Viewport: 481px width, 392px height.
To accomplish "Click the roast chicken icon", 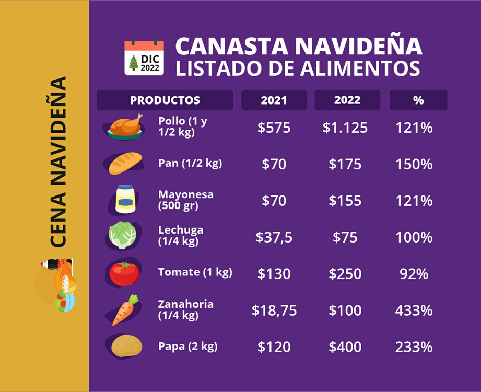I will tap(125, 127).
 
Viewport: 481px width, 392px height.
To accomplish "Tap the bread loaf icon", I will tap(125, 163).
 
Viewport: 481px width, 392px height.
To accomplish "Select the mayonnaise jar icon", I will tap(125, 199).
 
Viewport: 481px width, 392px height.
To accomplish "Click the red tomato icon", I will tap(124, 273).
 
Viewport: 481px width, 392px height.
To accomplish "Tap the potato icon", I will tap(126, 346).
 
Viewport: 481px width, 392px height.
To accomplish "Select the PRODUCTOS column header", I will tap(165, 100).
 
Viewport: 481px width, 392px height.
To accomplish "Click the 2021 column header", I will tap(274, 100).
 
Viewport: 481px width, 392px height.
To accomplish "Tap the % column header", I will tap(418, 100).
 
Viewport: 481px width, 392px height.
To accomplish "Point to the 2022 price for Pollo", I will tap(345, 128).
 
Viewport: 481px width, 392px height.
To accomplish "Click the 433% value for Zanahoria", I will tap(414, 310).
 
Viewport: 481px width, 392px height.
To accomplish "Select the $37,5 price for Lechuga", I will tap(274, 237).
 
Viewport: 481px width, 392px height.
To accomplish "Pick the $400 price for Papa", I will tap(345, 347).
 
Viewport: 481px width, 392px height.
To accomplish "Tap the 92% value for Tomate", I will tap(414, 274).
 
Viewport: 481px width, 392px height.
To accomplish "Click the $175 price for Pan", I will tap(345, 164).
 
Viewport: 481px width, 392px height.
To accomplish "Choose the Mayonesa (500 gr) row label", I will tap(186, 200).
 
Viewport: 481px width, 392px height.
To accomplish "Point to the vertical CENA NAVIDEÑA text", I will tap(58, 162).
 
